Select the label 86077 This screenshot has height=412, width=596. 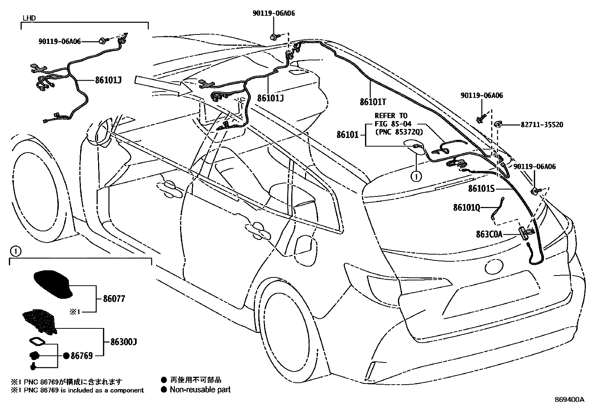[x=114, y=299]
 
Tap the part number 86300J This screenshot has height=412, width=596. [x=124, y=342]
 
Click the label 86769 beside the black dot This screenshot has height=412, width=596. [x=82, y=356]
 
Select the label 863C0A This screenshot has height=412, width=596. [x=489, y=235]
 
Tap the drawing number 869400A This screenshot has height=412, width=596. [x=569, y=400]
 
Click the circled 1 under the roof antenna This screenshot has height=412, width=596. [x=416, y=175]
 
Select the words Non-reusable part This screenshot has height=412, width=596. [x=200, y=390]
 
